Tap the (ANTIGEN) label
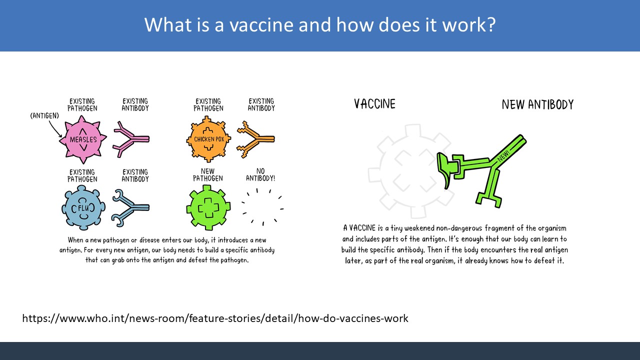44,115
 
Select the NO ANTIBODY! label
260,175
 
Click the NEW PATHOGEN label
207,175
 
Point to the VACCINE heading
374,103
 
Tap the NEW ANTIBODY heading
537,104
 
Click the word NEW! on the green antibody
503,155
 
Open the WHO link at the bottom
215,318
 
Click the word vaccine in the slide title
261,24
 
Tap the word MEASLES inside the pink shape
83,139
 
